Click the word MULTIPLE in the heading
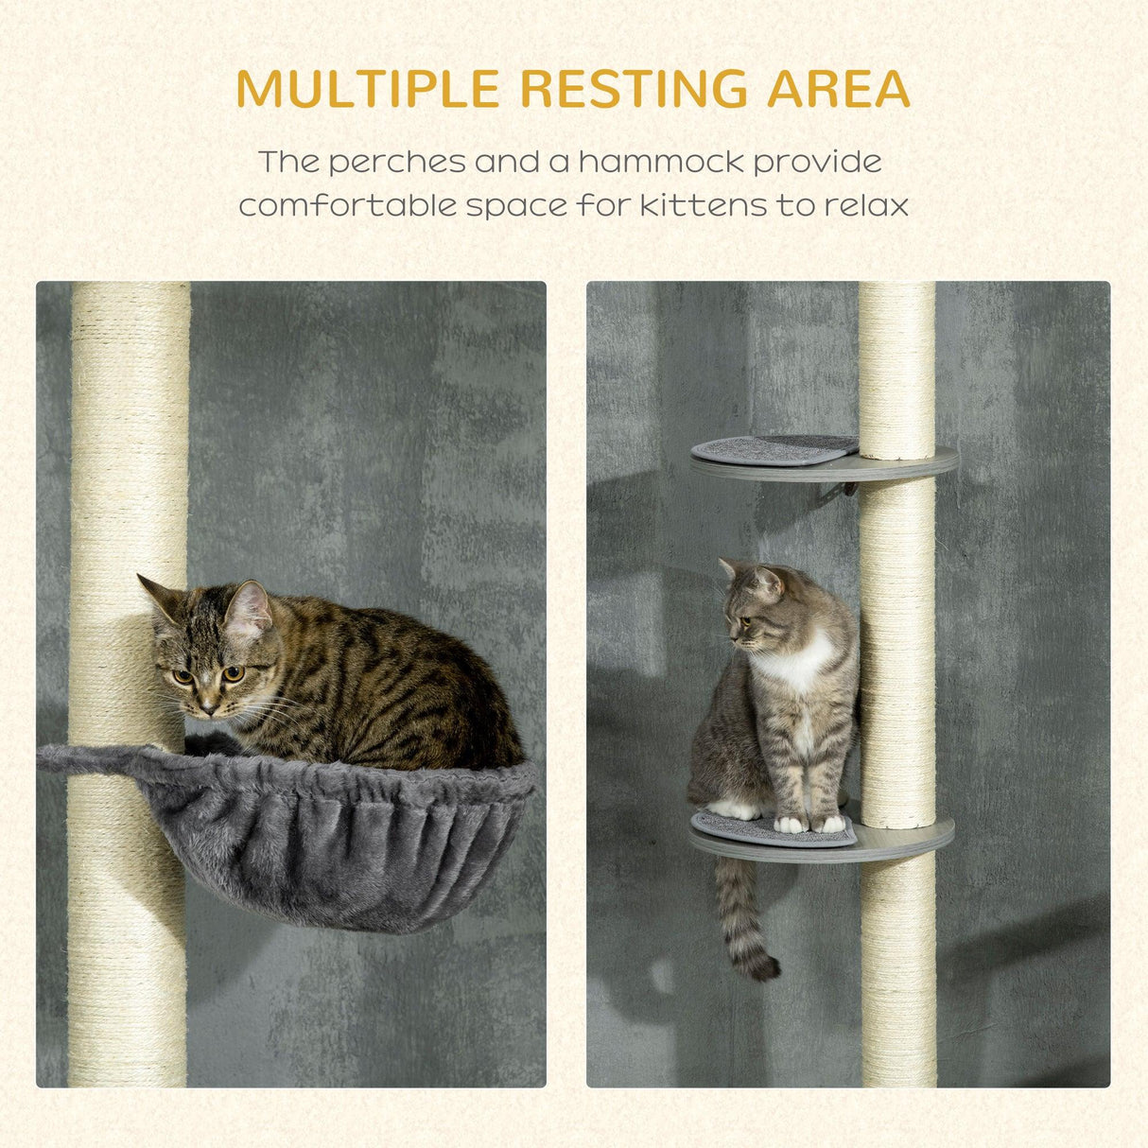coord(367,90)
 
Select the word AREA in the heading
coord(839,90)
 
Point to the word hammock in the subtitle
coord(662,162)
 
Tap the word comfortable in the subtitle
coord(346,205)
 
